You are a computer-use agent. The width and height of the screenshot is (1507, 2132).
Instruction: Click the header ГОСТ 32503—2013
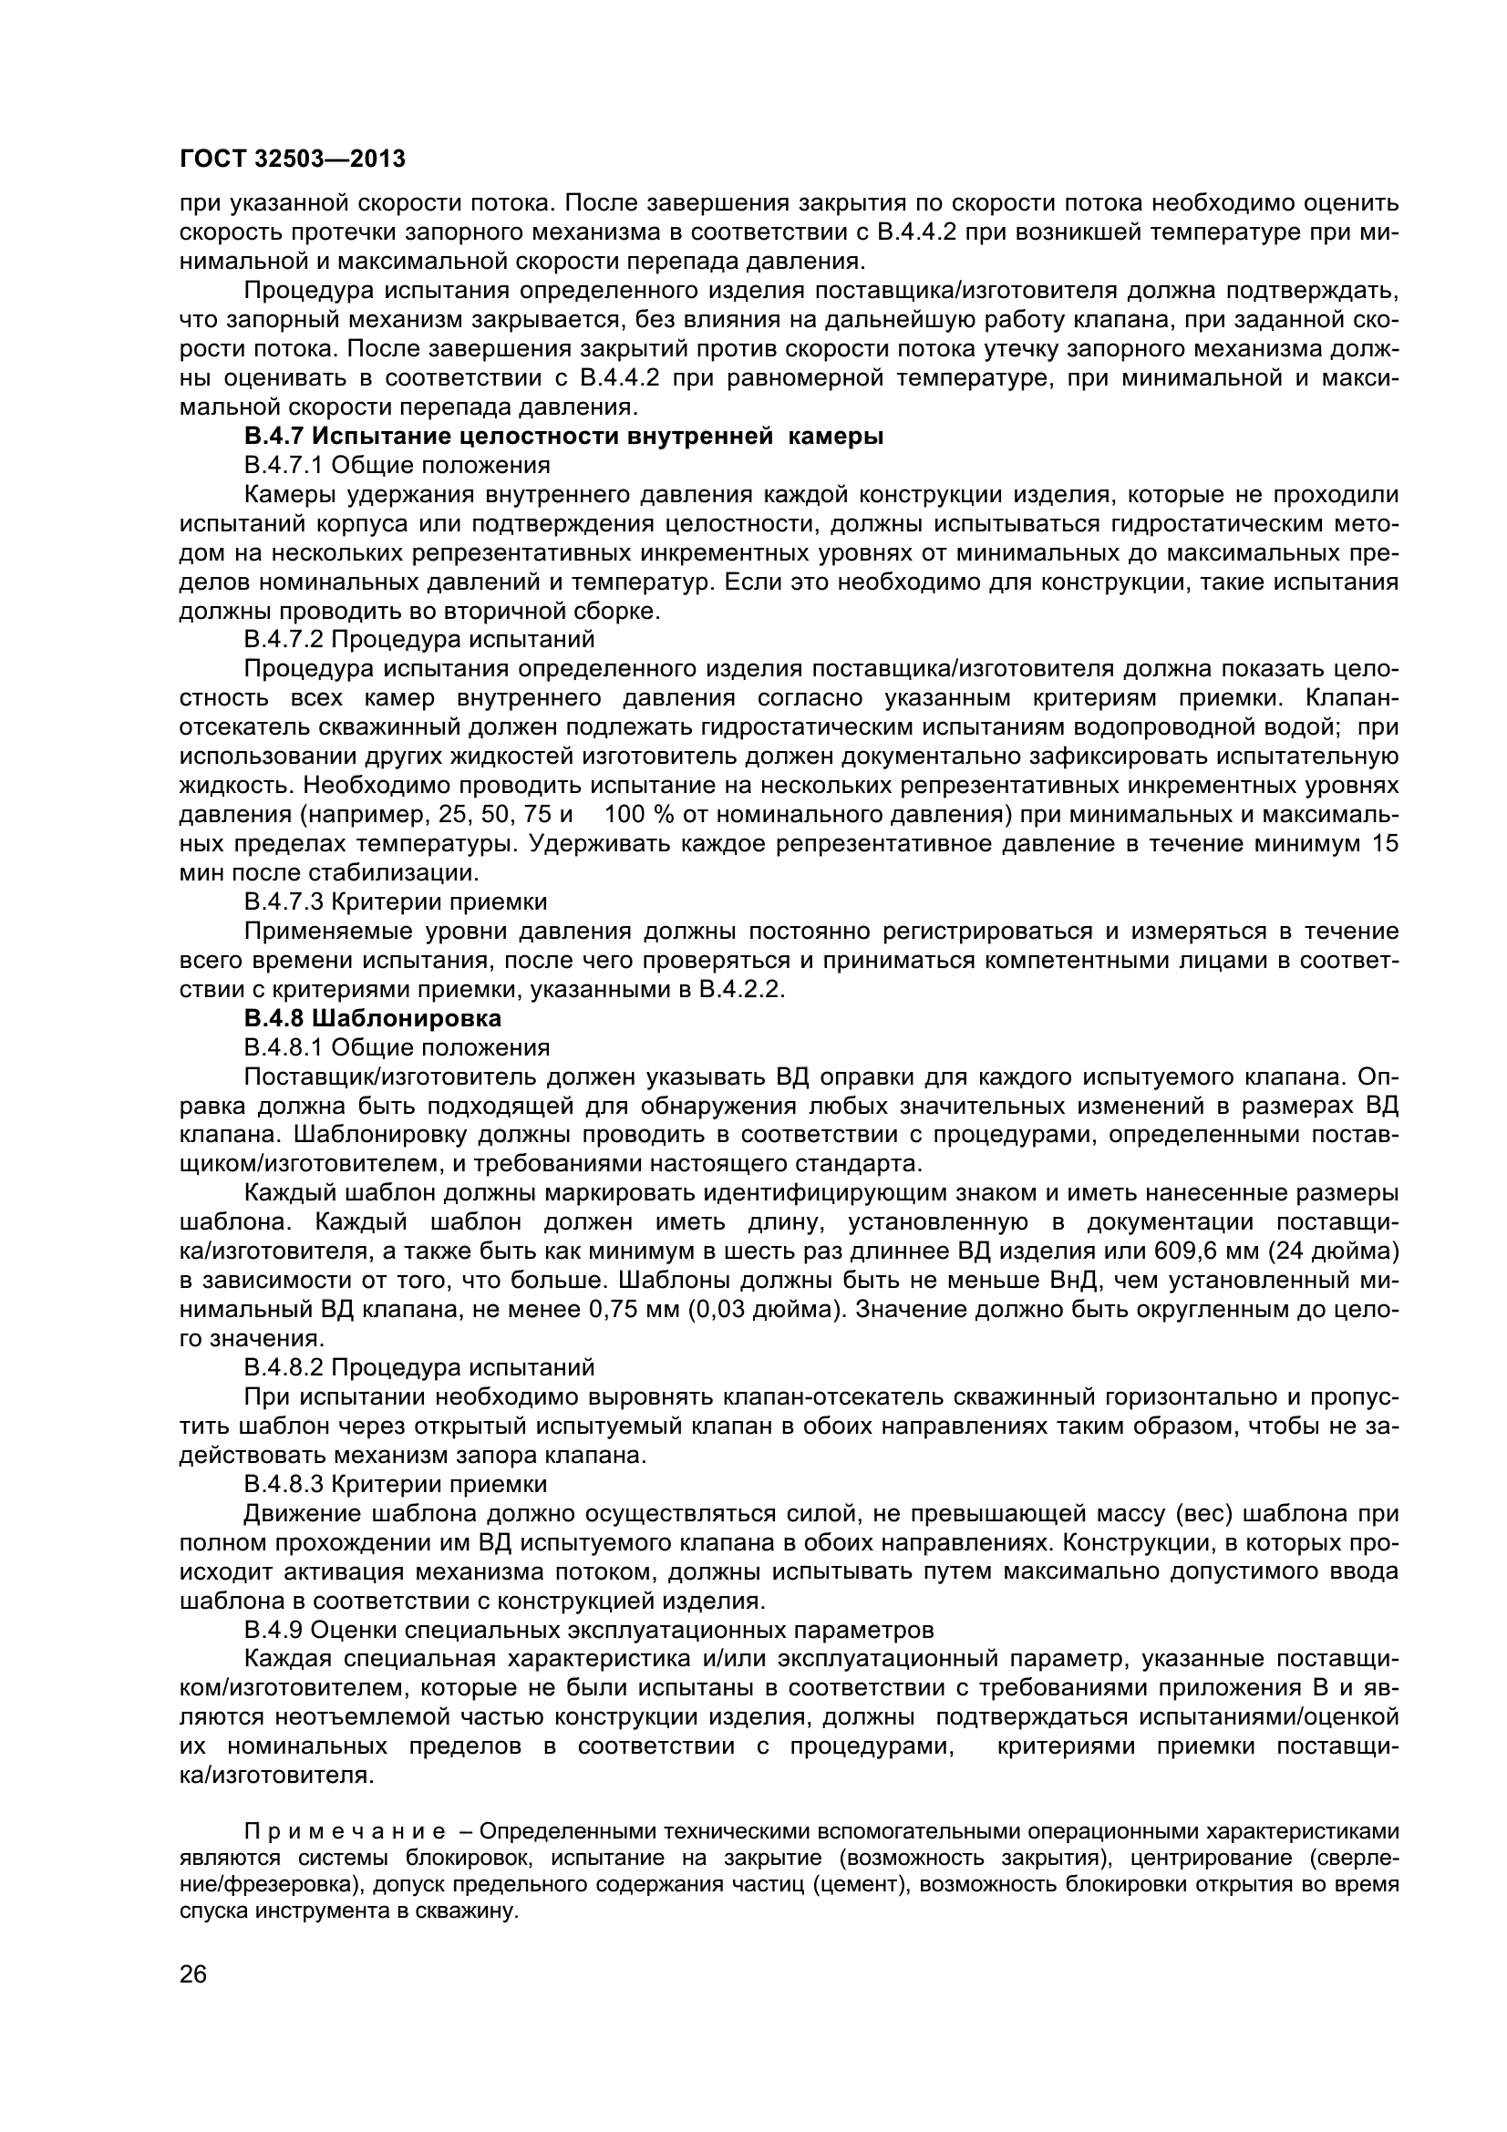293,160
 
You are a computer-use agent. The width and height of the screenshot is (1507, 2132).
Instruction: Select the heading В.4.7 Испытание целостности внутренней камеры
563,436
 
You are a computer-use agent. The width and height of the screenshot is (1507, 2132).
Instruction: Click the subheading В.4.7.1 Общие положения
397,464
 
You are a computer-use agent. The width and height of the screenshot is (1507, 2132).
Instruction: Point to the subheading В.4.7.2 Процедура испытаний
418,640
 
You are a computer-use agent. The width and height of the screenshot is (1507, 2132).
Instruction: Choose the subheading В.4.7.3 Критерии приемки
396,901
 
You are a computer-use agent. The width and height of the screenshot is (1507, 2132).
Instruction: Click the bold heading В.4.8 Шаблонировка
372,1018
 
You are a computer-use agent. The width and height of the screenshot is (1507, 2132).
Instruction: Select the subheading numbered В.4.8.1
397,1047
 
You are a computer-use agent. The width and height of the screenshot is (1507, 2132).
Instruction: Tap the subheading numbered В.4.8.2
418,1368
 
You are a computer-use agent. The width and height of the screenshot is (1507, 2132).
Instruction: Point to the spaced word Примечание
344,1832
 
